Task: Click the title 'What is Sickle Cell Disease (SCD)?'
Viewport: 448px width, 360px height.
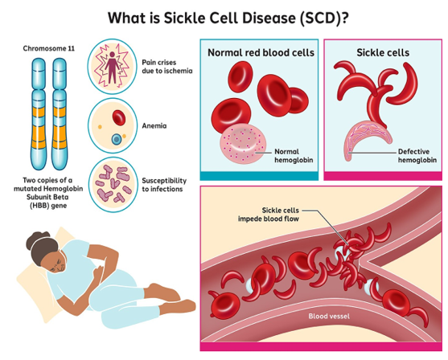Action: pos(228,18)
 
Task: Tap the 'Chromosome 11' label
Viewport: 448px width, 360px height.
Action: pos(49,48)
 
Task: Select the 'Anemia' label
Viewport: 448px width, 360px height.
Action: pos(154,125)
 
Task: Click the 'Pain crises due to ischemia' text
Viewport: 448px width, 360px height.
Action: pos(167,67)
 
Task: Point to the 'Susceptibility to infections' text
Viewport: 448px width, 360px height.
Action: pos(164,185)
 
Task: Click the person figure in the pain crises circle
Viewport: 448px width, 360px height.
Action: pos(112,67)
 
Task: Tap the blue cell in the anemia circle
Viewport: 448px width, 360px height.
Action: pos(116,139)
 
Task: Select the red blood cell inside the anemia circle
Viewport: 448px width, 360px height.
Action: pos(119,117)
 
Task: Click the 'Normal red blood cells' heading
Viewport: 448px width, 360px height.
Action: pos(261,52)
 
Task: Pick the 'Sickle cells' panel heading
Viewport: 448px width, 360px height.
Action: pos(383,52)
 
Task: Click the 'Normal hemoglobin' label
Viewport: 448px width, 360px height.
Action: pos(294,156)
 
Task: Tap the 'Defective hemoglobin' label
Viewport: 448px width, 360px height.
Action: pos(417,156)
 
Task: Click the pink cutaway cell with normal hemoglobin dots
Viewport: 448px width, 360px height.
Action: pos(243,144)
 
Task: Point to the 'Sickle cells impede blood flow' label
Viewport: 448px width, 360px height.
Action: pos(269,215)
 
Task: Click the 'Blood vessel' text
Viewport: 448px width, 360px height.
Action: pos(329,316)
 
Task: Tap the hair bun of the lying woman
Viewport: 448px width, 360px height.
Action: pos(35,239)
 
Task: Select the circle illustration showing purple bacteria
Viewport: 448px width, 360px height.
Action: pos(113,185)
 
